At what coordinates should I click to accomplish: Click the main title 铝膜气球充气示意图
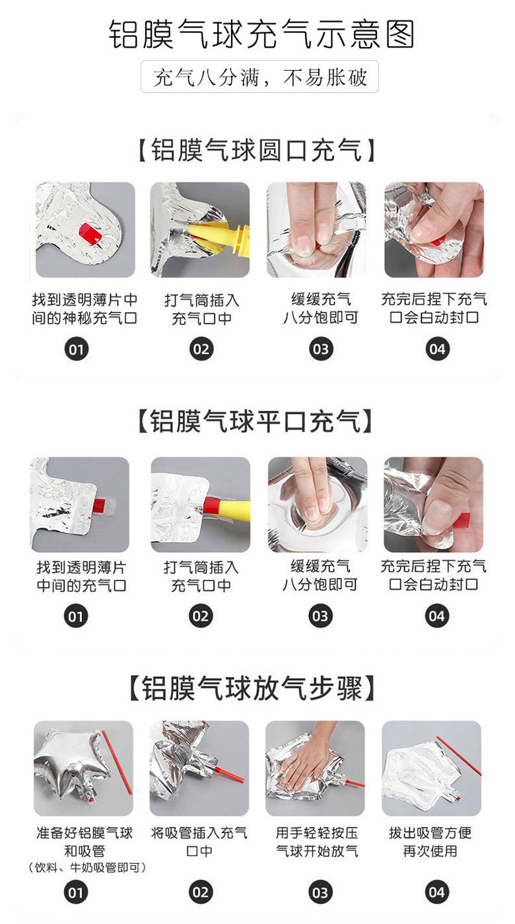point(261,34)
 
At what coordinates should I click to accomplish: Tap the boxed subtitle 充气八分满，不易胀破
point(259,77)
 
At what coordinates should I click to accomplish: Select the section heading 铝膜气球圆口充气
point(256,150)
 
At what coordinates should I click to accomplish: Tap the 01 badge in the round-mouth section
point(77,349)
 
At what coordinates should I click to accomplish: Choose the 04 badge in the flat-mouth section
point(437,616)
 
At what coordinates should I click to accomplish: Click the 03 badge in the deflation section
point(320,893)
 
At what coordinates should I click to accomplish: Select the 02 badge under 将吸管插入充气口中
point(201,893)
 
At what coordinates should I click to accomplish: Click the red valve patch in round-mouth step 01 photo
point(91,234)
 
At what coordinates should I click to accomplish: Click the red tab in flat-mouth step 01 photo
point(100,506)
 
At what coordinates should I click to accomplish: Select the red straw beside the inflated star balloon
point(117,762)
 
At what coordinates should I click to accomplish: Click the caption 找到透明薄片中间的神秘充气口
point(85,308)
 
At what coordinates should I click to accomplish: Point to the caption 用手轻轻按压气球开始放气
point(317,842)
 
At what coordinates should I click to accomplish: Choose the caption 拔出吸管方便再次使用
point(430,842)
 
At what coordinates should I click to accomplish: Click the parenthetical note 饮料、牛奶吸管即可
point(86,868)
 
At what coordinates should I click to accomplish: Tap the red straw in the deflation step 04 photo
point(459,756)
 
